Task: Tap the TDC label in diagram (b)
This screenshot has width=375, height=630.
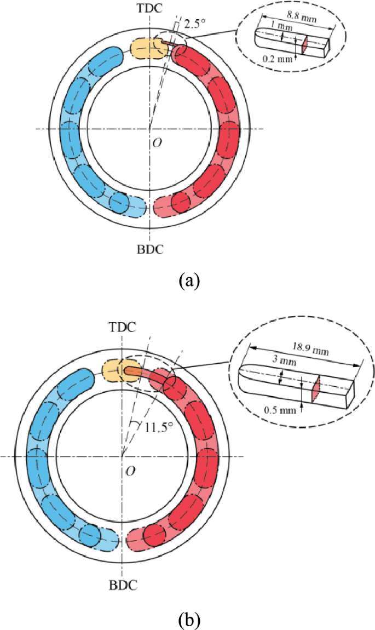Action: pyautogui.click(x=122, y=328)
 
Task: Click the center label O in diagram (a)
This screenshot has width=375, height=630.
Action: pyautogui.click(x=157, y=142)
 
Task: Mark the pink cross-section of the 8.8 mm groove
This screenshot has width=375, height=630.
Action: pyautogui.click(x=307, y=45)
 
